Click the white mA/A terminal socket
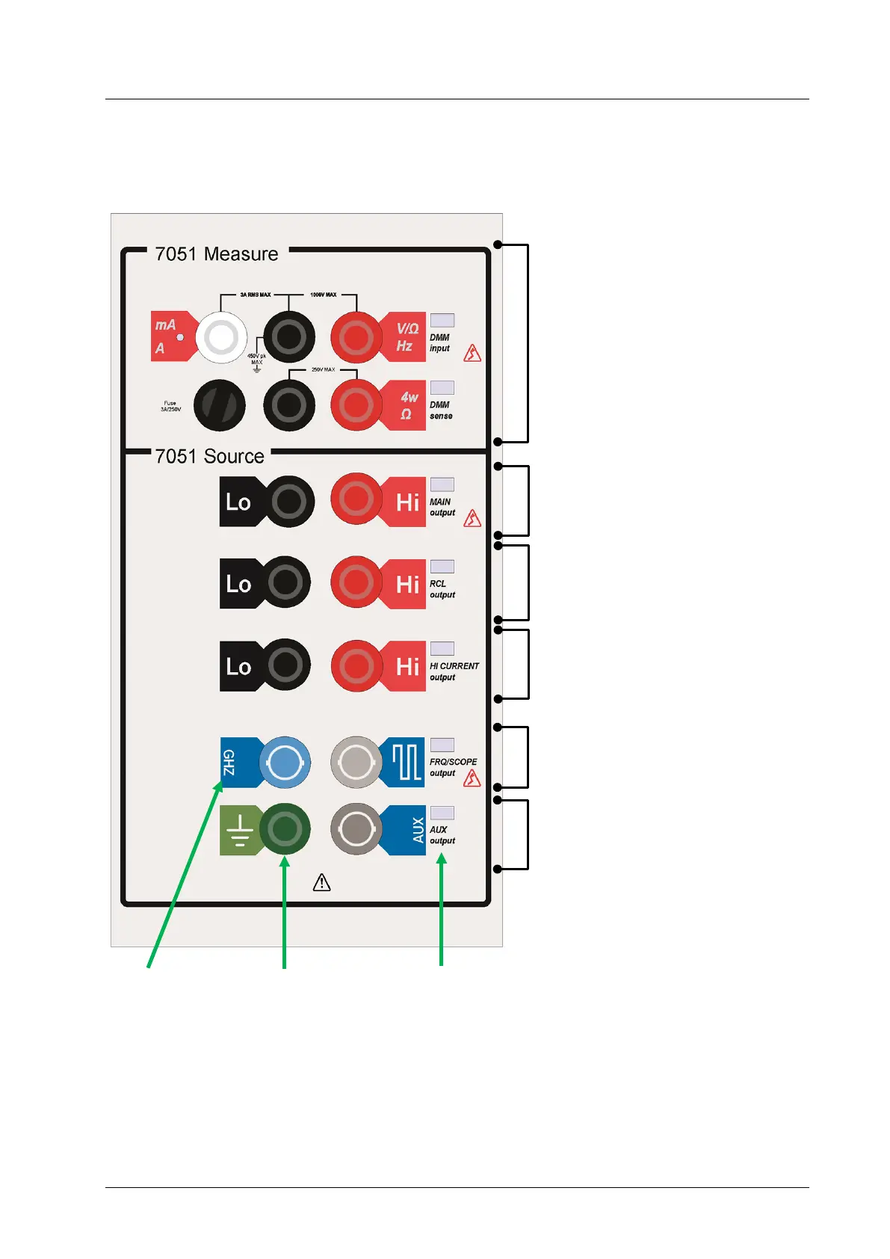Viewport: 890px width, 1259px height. (221, 337)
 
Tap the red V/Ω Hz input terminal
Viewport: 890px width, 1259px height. (356, 337)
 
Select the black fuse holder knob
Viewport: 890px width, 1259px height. (220, 405)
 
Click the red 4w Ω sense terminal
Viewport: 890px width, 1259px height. (356, 405)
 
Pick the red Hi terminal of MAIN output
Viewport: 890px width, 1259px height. (356, 499)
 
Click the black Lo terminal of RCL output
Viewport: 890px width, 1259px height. (285, 582)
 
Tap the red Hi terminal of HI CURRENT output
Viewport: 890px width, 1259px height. (356, 665)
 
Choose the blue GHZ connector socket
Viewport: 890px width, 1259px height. (284, 763)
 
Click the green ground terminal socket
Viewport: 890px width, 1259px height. (285, 828)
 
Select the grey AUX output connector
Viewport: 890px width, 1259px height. (356, 828)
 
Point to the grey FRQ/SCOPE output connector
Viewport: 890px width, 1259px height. (356, 763)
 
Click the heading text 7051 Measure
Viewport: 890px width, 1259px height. (217, 254)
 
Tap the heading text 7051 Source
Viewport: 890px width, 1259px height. (210, 456)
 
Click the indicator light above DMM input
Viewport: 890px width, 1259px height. (442, 321)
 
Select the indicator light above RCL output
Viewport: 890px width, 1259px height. (442, 567)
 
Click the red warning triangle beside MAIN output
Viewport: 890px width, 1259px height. (472, 518)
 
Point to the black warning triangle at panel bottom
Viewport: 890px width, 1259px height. (321, 883)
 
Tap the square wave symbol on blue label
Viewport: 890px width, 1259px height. (407, 763)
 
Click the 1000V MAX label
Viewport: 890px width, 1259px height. (323, 295)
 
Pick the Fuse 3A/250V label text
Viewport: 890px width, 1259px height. (170, 406)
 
